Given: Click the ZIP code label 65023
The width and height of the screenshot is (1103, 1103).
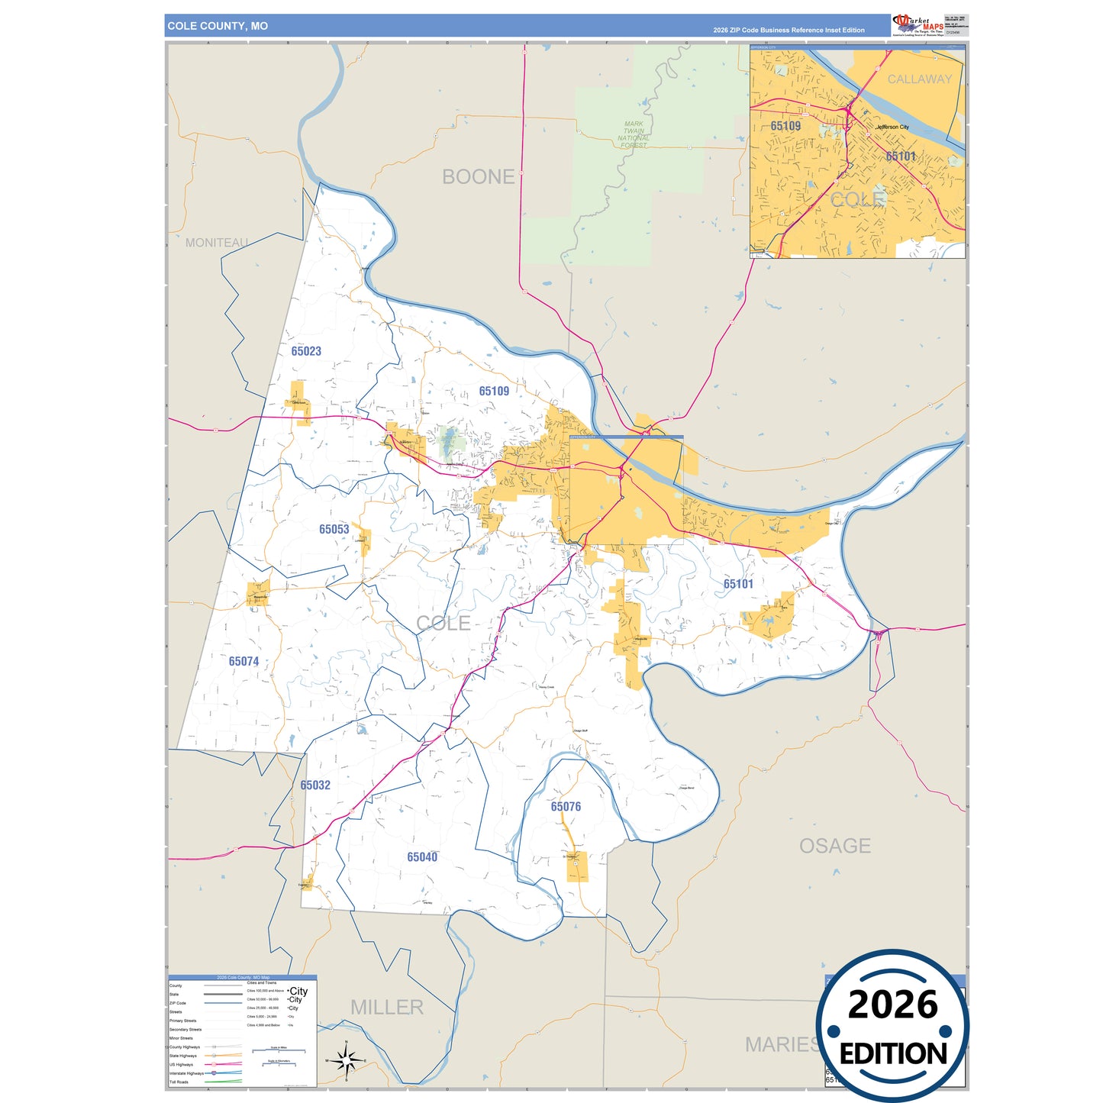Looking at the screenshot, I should (306, 351).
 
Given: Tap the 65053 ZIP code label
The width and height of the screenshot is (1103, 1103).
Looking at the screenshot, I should (334, 529).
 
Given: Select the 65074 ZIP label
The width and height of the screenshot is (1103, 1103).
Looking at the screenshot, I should (243, 661).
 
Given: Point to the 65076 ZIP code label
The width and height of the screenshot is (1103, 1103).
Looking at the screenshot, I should (566, 806).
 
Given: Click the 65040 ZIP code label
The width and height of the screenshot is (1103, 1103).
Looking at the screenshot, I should (422, 857).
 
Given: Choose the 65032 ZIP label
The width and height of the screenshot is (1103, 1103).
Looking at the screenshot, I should (315, 785).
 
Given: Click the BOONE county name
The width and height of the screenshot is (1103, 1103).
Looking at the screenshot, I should (479, 176).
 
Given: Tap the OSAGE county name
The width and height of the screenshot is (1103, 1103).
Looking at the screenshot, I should (834, 846).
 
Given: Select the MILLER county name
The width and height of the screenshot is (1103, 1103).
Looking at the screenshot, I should (386, 1008).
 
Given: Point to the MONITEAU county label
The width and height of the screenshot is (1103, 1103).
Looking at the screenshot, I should (217, 243).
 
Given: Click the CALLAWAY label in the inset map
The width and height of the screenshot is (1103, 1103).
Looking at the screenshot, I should (919, 79).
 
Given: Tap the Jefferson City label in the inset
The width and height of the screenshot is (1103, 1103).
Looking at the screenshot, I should (892, 127).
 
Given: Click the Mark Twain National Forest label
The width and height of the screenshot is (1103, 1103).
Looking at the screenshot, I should (634, 134).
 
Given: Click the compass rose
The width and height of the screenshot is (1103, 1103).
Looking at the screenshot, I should (346, 1060).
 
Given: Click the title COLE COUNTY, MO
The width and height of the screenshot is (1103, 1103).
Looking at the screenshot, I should (218, 26).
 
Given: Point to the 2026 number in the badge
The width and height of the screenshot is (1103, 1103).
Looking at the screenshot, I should (892, 1005).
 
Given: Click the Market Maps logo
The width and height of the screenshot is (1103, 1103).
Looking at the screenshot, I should (918, 24).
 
